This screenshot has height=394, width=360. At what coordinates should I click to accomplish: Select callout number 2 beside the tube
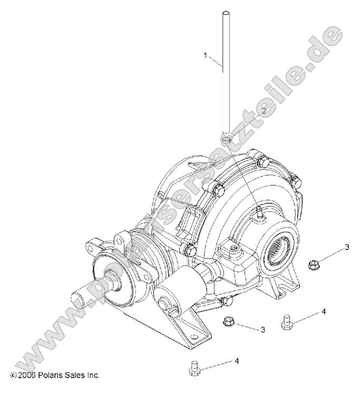(264, 111)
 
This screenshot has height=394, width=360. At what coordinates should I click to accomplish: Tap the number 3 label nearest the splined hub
(347, 247)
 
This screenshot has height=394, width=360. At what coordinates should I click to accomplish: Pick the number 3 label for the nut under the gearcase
(261, 329)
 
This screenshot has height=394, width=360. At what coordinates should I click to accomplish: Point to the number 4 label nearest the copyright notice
(237, 361)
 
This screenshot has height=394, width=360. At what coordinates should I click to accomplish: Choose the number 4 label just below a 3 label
(324, 311)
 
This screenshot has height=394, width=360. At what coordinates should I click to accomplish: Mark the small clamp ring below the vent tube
(227, 140)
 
